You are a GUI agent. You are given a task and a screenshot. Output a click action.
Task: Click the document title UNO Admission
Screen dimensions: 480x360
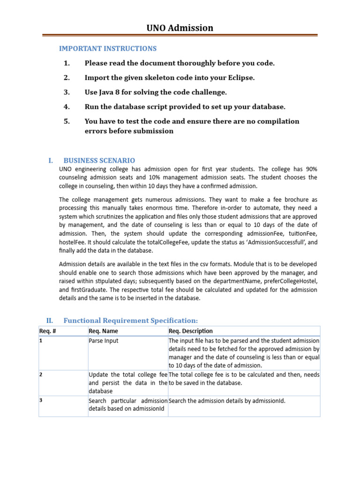click(x=180, y=28)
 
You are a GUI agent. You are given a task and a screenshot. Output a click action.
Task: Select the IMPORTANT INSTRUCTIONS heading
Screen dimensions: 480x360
click(x=108, y=48)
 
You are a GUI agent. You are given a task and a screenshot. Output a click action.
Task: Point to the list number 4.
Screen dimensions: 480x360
click(x=67, y=107)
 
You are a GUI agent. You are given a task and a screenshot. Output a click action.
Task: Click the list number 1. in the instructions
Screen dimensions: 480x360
click(x=67, y=63)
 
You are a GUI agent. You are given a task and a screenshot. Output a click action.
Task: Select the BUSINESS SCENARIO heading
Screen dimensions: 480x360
click(x=99, y=160)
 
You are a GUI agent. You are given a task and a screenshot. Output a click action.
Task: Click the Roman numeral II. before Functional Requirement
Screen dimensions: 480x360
click(x=50, y=320)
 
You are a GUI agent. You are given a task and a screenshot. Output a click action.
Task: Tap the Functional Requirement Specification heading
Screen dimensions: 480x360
click(x=131, y=320)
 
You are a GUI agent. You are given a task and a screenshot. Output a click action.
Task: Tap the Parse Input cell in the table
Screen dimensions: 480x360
click(x=104, y=341)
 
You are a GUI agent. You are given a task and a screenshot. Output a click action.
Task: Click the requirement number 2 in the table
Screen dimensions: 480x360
click(x=41, y=375)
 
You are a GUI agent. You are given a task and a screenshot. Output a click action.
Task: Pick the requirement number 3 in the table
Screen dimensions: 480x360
click(x=41, y=400)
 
